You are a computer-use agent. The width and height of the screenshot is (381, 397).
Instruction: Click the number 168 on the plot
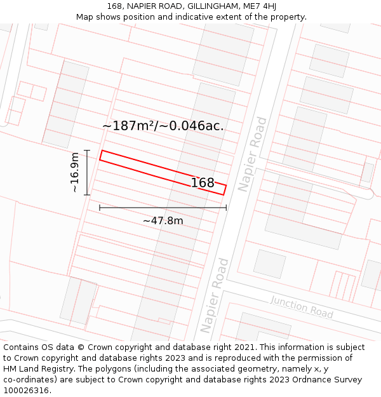click(x=203, y=183)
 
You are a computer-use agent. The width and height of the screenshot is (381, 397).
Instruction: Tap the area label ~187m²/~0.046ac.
click(x=163, y=126)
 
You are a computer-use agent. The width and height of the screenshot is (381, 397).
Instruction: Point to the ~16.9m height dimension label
click(x=75, y=172)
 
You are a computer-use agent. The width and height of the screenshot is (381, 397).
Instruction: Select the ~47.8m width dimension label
click(x=163, y=220)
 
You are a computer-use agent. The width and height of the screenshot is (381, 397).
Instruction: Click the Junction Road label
click(x=302, y=307)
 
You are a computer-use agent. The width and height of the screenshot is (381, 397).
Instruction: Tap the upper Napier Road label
click(x=253, y=154)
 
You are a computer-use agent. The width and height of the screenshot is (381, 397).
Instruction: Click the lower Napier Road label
click(x=214, y=295)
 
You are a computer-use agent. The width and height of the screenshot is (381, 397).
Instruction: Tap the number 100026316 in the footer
click(x=25, y=390)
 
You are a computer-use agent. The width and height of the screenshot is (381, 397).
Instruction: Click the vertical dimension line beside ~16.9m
click(x=87, y=172)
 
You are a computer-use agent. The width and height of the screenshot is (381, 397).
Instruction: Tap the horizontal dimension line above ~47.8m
click(x=163, y=208)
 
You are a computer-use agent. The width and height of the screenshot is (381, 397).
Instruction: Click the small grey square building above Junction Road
click(x=269, y=264)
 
